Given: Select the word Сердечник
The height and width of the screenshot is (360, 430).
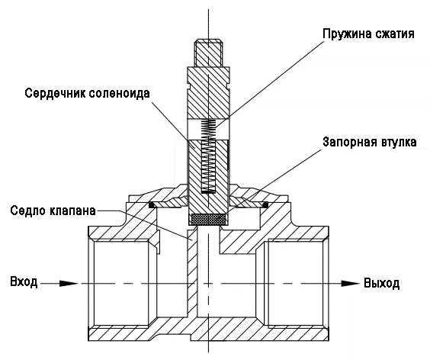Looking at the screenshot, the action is pos(55,93).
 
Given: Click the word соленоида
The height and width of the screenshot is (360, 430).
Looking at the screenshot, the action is pos(119,93).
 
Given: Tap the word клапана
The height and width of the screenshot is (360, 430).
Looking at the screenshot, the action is pos(73,211).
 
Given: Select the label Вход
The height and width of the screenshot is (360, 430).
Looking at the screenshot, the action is pos(24,282).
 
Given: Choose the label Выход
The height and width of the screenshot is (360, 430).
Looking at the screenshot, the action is pos(381,283).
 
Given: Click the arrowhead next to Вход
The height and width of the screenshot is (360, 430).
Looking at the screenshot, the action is pos(69,284).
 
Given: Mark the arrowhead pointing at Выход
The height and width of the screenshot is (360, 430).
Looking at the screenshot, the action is pos(350,284).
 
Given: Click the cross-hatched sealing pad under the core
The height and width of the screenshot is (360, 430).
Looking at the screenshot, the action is pos(208,219).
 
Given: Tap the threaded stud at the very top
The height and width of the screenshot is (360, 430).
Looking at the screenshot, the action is pos(208,53).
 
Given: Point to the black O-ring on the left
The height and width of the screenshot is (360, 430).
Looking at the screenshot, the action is pos(152,205).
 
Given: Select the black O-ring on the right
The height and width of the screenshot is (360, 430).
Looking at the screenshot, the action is pos(265,204).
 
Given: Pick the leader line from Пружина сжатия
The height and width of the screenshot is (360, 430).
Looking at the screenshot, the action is pos(270,84).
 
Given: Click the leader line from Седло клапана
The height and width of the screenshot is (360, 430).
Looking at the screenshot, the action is pos(143,224).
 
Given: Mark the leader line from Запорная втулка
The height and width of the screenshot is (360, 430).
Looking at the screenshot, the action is pos(274,181).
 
